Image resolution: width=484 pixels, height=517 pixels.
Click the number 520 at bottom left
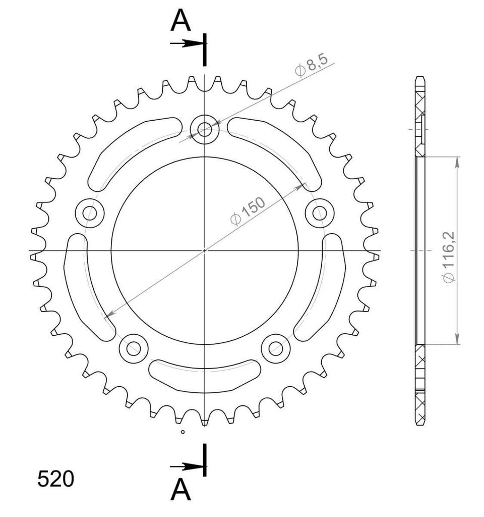click(55, 479)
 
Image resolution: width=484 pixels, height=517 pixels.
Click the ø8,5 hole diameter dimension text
click(312, 65)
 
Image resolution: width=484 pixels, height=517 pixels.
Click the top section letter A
click(180, 20)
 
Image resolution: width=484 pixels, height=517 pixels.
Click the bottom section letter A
click(180, 490)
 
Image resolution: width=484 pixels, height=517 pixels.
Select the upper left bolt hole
click(90, 213)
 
